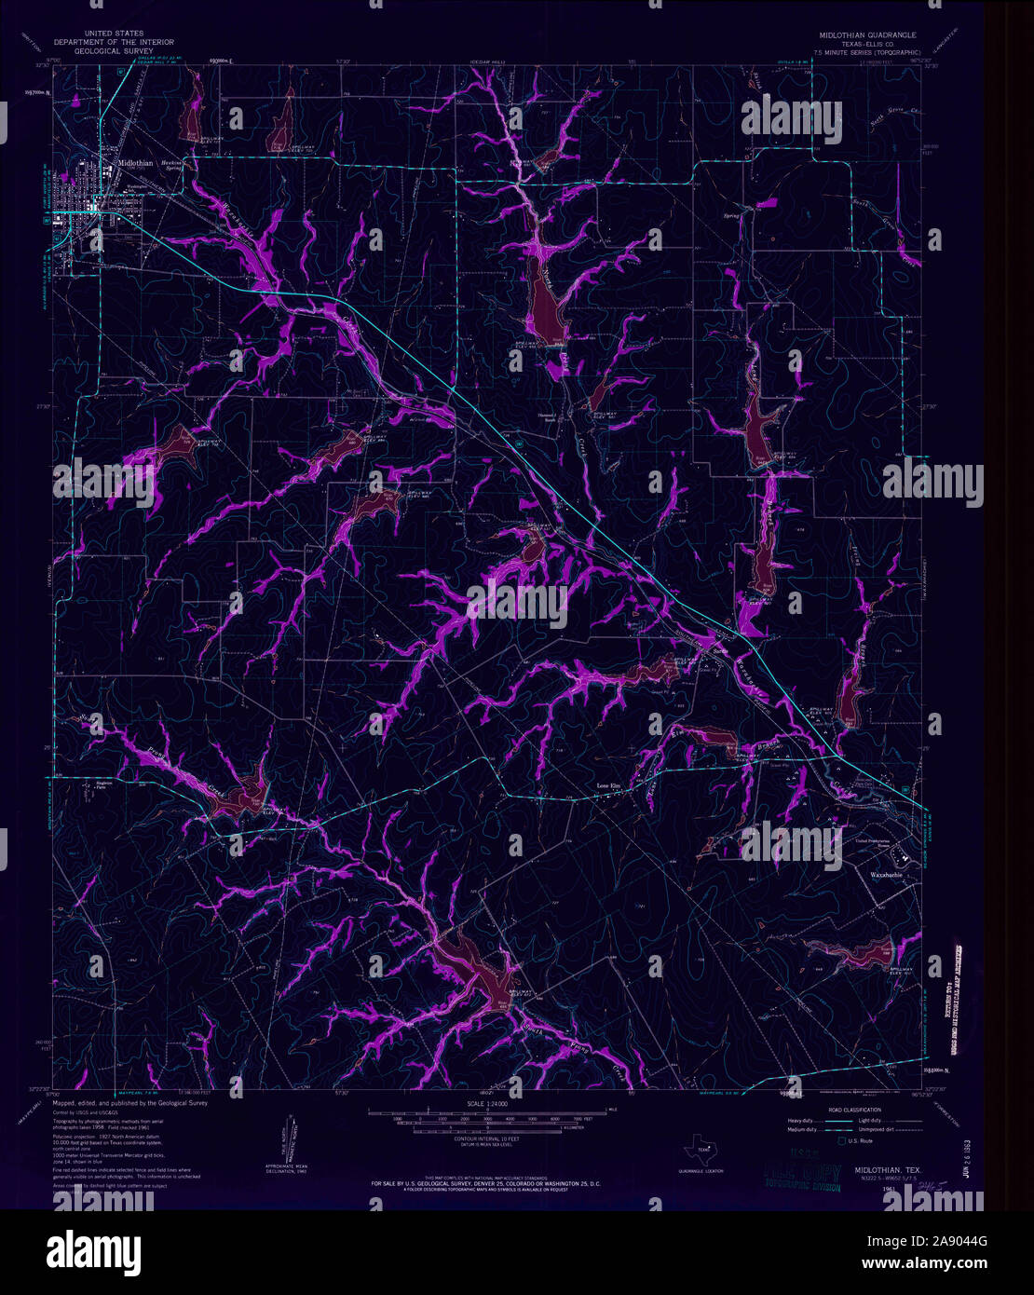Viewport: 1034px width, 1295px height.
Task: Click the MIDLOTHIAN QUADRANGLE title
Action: coord(867,35)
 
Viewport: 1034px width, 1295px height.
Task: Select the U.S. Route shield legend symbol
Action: coord(842,1141)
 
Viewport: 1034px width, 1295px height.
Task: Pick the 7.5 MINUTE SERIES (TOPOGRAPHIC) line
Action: coord(867,53)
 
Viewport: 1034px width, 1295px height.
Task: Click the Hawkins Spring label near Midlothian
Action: coord(171,162)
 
